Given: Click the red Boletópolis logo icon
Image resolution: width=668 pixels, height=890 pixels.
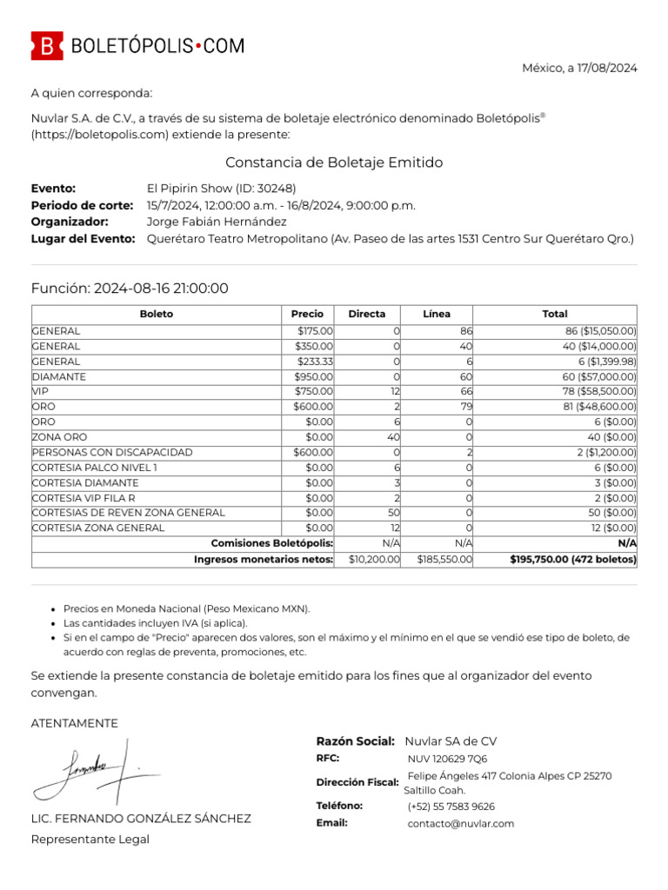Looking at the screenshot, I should (x=47, y=45).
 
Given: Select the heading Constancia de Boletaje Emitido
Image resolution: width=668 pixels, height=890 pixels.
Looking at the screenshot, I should (x=334, y=163).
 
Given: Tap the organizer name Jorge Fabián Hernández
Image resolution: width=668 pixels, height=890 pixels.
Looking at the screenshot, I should (x=217, y=222).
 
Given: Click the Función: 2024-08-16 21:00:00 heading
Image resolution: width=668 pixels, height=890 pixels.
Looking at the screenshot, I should (x=130, y=289).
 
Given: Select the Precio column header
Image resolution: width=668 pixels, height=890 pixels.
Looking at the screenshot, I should (x=308, y=314).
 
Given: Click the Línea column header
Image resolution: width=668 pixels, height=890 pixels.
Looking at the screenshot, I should (x=437, y=314).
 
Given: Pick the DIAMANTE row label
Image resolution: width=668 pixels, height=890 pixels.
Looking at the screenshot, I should (x=59, y=377).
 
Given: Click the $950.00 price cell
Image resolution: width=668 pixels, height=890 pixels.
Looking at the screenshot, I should (x=313, y=377).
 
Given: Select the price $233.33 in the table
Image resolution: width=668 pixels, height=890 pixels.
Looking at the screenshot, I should (x=314, y=362).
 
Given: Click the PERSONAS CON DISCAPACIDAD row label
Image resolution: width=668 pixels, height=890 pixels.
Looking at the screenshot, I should (x=112, y=453).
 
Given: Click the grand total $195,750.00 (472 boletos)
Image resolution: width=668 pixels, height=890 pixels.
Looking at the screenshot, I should (x=573, y=560).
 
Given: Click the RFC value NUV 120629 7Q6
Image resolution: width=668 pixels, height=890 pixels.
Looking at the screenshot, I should (x=447, y=759).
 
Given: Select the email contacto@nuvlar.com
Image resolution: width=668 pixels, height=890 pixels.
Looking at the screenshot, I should (x=460, y=823).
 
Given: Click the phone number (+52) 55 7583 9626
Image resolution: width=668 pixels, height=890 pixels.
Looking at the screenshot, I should (x=451, y=807).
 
